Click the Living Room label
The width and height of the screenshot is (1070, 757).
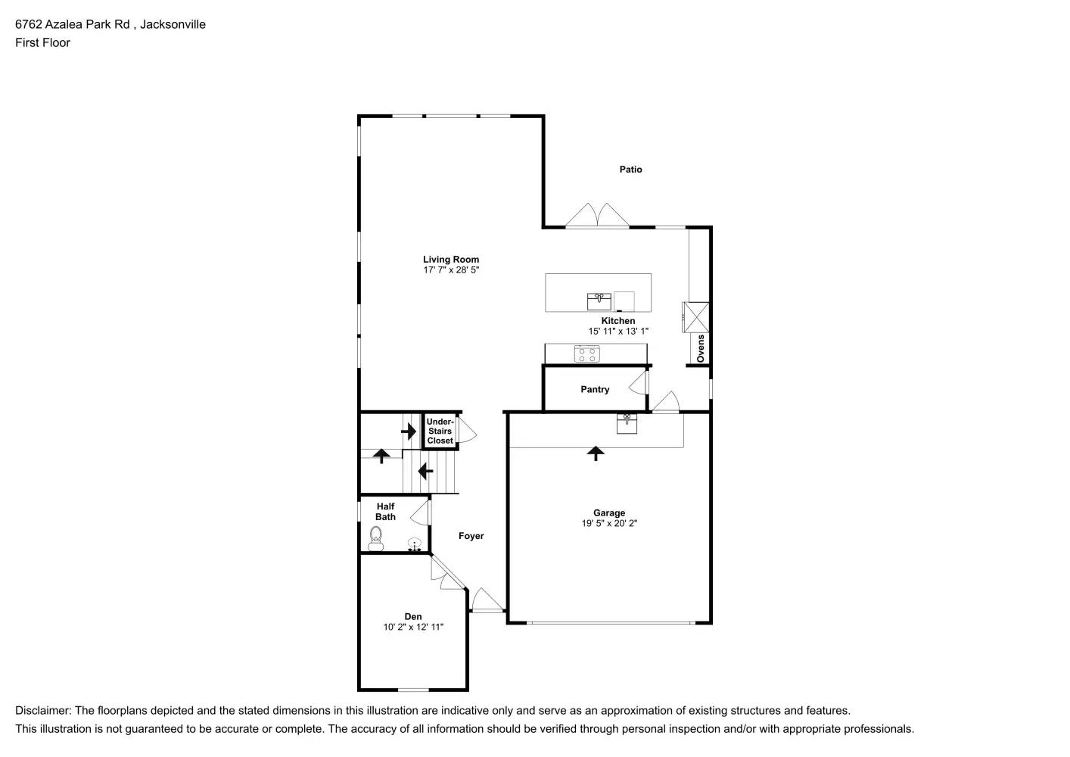pyautogui.click(x=451, y=260)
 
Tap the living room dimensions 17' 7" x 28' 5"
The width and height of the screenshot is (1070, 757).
pyautogui.click(x=451, y=270)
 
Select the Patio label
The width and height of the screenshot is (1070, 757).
pyautogui.click(x=630, y=170)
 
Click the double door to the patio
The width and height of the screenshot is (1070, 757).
pyautogui.click(x=598, y=216)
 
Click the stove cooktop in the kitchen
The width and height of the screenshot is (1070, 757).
pyautogui.click(x=587, y=353)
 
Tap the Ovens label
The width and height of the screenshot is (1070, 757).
pyautogui.click(x=701, y=348)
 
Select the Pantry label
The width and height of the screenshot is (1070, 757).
pyautogui.click(x=595, y=389)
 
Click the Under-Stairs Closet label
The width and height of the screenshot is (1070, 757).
pyautogui.click(x=440, y=431)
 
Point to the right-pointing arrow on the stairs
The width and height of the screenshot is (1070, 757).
pyautogui.click(x=409, y=431)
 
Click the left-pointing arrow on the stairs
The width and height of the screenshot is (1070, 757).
pyautogui.click(x=425, y=472)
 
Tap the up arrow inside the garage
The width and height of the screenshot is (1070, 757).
pyautogui.click(x=596, y=453)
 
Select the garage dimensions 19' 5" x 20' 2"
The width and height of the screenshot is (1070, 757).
pyautogui.click(x=609, y=523)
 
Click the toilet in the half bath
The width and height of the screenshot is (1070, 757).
pyautogui.click(x=376, y=538)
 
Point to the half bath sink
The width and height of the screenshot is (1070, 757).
pyautogui.click(x=415, y=544)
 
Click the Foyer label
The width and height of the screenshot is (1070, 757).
pyautogui.click(x=471, y=536)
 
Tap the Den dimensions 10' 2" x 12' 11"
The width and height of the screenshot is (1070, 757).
pyautogui.click(x=413, y=627)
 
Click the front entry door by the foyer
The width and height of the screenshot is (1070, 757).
pyautogui.click(x=487, y=601)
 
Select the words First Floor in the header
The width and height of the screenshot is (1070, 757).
pyautogui.click(x=42, y=42)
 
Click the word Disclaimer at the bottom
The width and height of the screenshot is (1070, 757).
pyautogui.click(x=42, y=711)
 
